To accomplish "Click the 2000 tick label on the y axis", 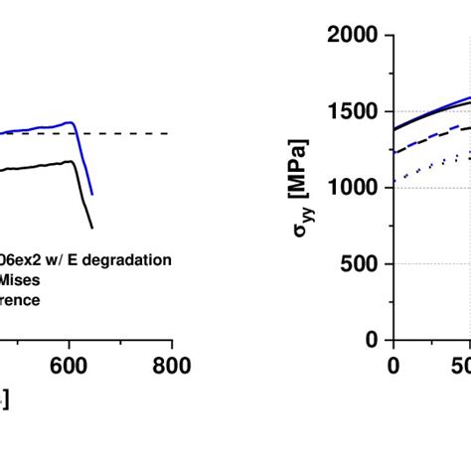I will [x=352, y=36].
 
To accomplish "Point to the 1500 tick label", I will [x=352, y=112].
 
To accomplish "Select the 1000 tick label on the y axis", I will [x=352, y=188].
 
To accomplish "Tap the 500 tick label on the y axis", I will [x=359, y=264].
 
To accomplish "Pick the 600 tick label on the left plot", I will [x=69, y=366].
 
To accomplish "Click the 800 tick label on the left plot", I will [x=171, y=366].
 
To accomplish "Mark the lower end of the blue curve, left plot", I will [x=92, y=194].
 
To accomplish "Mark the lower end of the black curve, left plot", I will [x=92, y=227].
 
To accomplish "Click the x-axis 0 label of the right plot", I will [x=392, y=366].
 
